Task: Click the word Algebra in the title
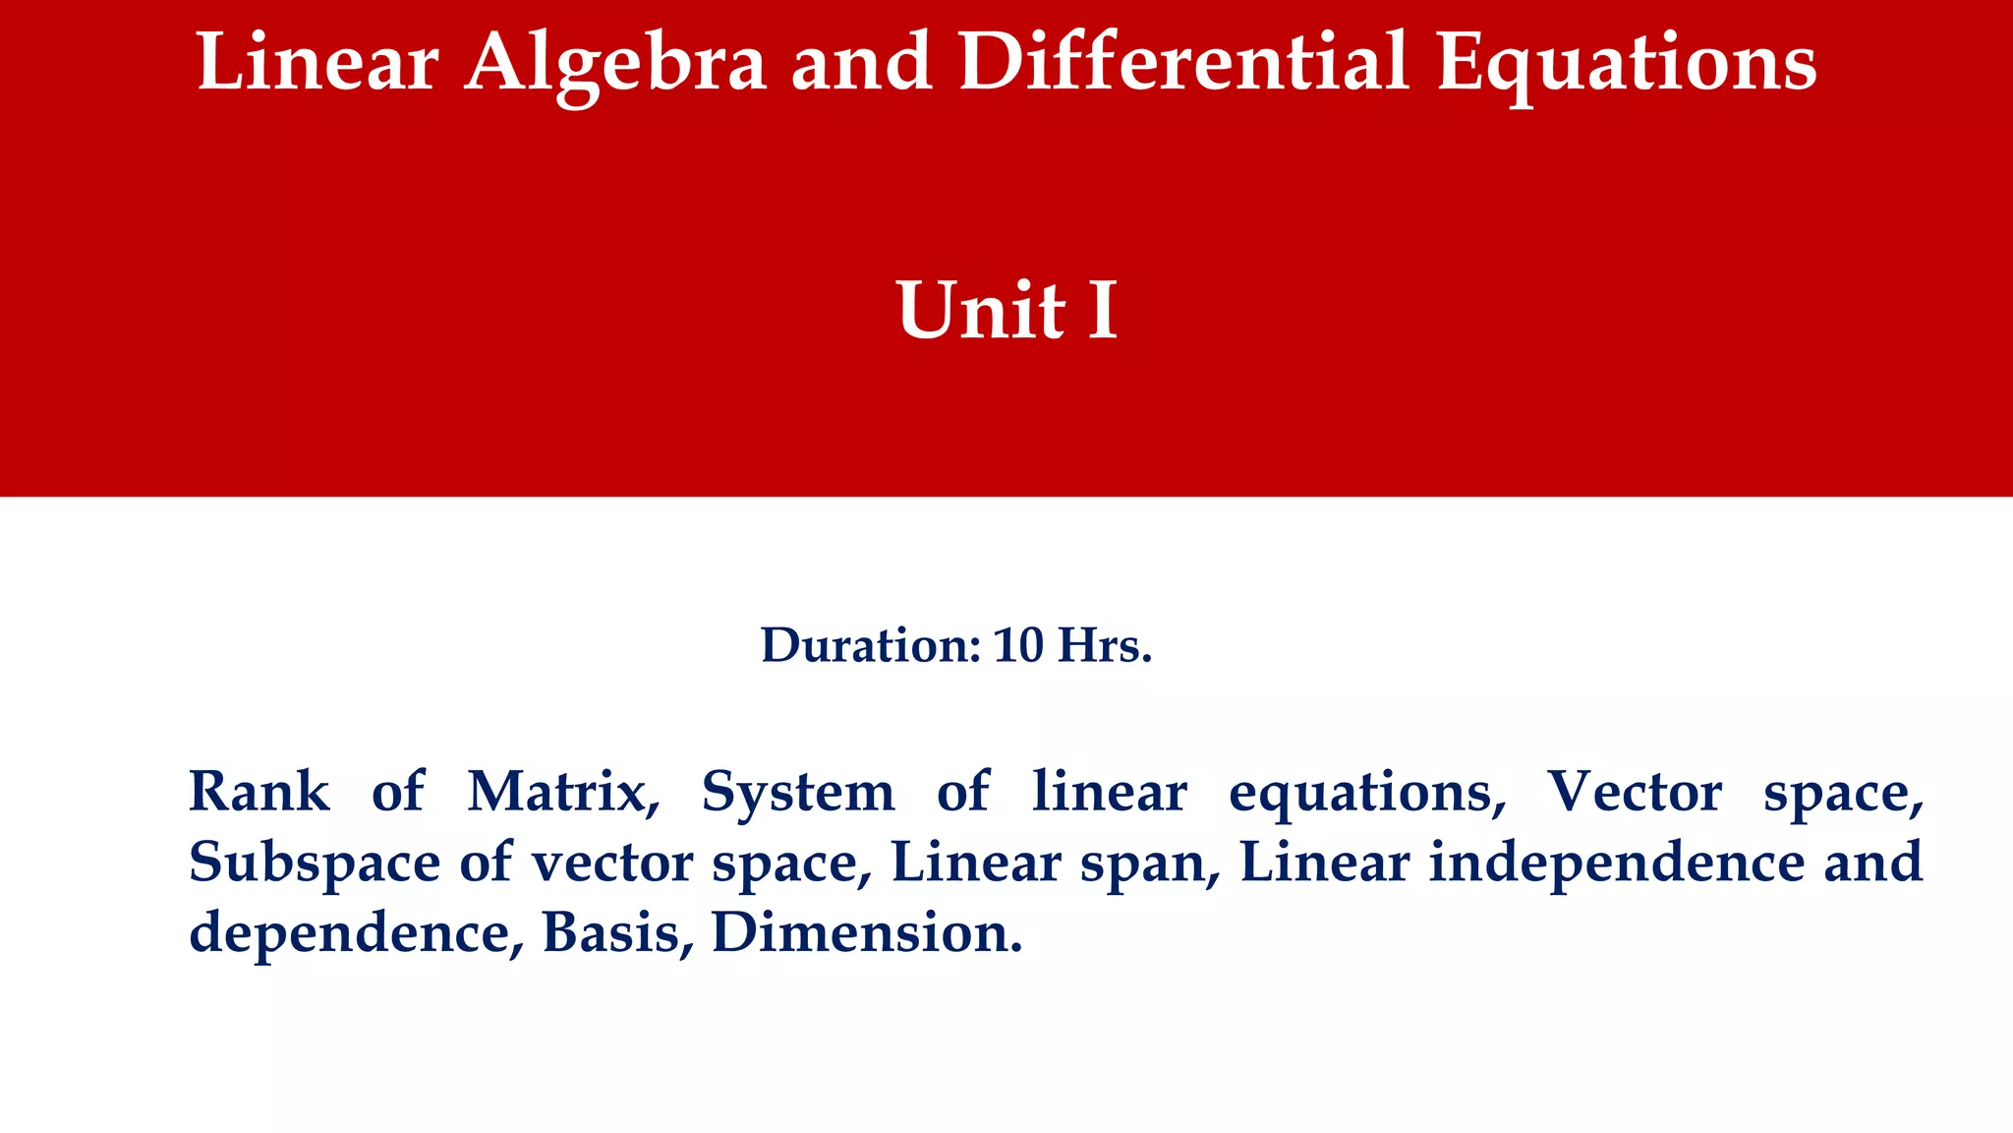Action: (x=615, y=63)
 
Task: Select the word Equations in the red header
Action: (x=1627, y=63)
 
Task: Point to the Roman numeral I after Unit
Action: (x=1103, y=310)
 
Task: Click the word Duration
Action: (x=870, y=645)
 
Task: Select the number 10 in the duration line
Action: (x=1017, y=645)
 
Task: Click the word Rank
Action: (x=259, y=791)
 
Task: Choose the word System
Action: (x=797, y=791)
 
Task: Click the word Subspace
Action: (x=315, y=862)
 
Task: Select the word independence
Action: (x=1617, y=862)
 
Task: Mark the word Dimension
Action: (x=866, y=932)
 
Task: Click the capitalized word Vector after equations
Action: (x=1634, y=791)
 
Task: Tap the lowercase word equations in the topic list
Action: (x=1367, y=793)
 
